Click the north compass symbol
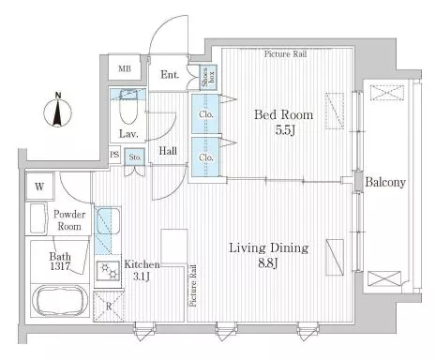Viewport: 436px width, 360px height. click(x=57, y=110)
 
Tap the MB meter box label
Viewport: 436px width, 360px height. click(x=125, y=68)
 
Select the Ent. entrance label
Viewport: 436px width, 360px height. click(x=170, y=75)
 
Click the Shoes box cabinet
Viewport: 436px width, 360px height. click(x=208, y=78)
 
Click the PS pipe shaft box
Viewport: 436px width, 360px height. click(x=114, y=155)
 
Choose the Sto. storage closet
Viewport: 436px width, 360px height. click(x=135, y=157)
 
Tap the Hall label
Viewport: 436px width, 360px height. click(x=168, y=151)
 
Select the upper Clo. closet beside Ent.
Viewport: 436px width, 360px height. click(x=205, y=113)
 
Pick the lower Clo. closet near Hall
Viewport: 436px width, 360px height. click(x=205, y=157)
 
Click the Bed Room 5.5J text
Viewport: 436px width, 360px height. click(x=284, y=122)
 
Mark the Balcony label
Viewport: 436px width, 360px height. click(x=385, y=182)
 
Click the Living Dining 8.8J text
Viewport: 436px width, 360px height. click(x=269, y=255)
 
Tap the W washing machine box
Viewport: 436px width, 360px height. click(x=39, y=187)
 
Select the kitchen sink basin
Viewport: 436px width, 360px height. click(x=108, y=221)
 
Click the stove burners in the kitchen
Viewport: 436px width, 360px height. click(x=108, y=270)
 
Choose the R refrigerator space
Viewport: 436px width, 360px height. click(x=109, y=307)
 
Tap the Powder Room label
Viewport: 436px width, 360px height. click(x=69, y=220)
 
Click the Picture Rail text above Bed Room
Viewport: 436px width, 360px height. click(x=285, y=54)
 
